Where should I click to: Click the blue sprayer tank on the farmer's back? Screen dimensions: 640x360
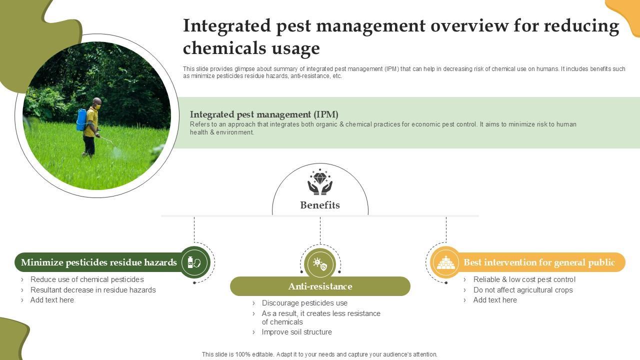point(81,120)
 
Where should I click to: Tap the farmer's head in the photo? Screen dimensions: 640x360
point(96,102)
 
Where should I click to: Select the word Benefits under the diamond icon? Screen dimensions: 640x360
point(320,205)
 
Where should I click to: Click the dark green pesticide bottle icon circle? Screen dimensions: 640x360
point(194,262)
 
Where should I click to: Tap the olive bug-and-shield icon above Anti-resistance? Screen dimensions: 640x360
point(320,263)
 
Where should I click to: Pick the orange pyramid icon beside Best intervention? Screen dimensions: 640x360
point(445,262)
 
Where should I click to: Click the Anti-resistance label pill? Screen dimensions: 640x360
point(320,286)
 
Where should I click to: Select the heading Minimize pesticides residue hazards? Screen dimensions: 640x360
point(99,262)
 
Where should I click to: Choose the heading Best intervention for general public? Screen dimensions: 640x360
point(539,262)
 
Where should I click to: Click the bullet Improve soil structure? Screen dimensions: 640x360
point(296,332)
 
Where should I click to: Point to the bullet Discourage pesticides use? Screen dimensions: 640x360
point(304,303)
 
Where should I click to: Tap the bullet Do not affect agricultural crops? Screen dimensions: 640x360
point(523,290)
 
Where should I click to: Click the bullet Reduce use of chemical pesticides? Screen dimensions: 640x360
point(87,279)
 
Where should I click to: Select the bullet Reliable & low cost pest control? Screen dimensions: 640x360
point(524,279)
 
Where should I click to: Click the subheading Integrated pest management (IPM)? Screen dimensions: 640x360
point(264,114)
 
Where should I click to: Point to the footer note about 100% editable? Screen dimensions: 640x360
point(319,354)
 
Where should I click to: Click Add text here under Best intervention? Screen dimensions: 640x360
point(495,300)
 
